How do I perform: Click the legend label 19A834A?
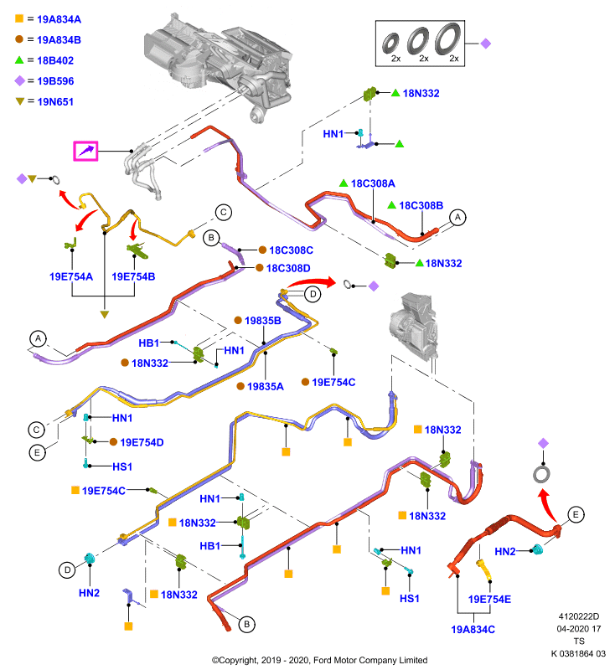click(59, 19)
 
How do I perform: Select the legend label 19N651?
click(55, 101)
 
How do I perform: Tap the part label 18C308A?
click(373, 183)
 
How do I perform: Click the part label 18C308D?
click(288, 268)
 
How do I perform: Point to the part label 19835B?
click(263, 321)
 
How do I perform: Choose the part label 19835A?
click(266, 386)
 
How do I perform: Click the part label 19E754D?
click(142, 442)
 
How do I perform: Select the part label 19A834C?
click(473, 630)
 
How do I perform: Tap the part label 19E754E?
click(489, 599)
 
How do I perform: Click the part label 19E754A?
click(71, 276)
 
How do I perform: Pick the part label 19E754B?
click(133, 276)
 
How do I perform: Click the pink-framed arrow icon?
click(85, 151)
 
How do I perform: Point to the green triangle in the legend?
click(19, 60)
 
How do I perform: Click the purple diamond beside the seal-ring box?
click(485, 44)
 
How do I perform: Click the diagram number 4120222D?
click(579, 616)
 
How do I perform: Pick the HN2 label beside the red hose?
click(504, 552)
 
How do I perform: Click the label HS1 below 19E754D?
click(122, 466)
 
